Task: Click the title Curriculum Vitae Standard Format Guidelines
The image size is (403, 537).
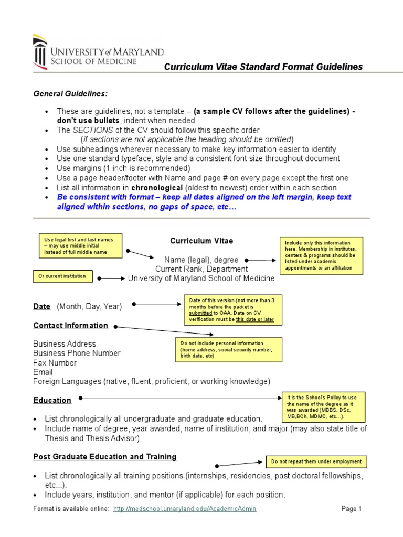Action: [x=263, y=67]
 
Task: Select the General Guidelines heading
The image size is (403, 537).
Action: [x=70, y=94]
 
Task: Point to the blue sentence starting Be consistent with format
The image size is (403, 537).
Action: [x=204, y=201]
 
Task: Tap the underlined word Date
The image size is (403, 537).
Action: [x=42, y=306]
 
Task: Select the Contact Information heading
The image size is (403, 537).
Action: [x=70, y=325]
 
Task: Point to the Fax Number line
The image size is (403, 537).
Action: [x=55, y=362]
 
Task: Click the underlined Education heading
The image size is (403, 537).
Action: [x=52, y=400]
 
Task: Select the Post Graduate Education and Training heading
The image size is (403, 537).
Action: [x=104, y=457]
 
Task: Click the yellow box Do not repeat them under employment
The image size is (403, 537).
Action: [x=316, y=461]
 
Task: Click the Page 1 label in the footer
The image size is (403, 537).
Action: [x=352, y=509]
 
